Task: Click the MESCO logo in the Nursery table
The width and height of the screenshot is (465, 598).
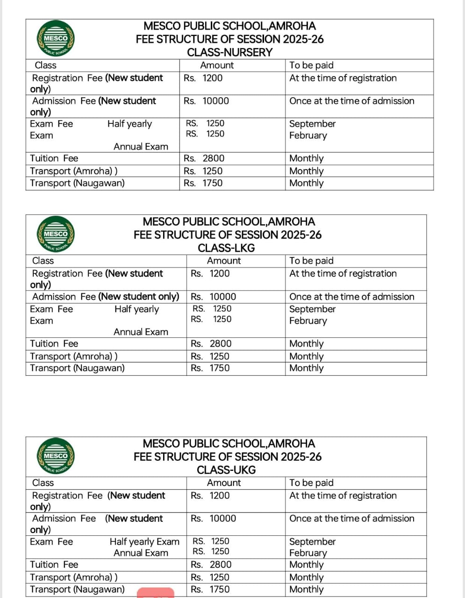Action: [x=56, y=39]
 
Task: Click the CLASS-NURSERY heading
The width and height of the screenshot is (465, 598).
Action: [x=229, y=52]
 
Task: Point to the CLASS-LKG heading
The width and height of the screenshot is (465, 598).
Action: [x=226, y=248]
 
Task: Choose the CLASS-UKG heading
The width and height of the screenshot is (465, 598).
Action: [x=226, y=470]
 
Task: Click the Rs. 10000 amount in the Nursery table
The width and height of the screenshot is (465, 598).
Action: [x=207, y=101]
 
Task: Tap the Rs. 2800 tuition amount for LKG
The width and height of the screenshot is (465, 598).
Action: [x=211, y=344]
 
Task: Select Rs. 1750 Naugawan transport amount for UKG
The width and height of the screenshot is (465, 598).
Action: [x=210, y=590]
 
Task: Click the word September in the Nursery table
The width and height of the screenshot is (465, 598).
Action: [x=312, y=124]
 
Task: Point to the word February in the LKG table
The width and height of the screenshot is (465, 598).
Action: [x=308, y=321]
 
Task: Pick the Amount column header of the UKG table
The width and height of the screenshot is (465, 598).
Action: [x=224, y=483]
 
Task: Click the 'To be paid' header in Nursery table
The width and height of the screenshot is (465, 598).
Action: [x=311, y=65]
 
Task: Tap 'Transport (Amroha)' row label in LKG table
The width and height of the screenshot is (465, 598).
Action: [x=73, y=356]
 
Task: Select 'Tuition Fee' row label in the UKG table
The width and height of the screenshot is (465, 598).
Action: [x=54, y=565]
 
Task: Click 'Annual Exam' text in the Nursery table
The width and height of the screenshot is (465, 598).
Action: [x=141, y=147]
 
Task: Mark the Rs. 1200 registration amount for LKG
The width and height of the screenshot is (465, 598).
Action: [x=210, y=274]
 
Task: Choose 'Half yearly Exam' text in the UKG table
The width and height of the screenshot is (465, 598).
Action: [x=144, y=542]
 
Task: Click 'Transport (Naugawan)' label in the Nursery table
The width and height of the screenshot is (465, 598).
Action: [x=77, y=183]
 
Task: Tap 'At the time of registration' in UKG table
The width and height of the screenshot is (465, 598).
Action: [x=343, y=496]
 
